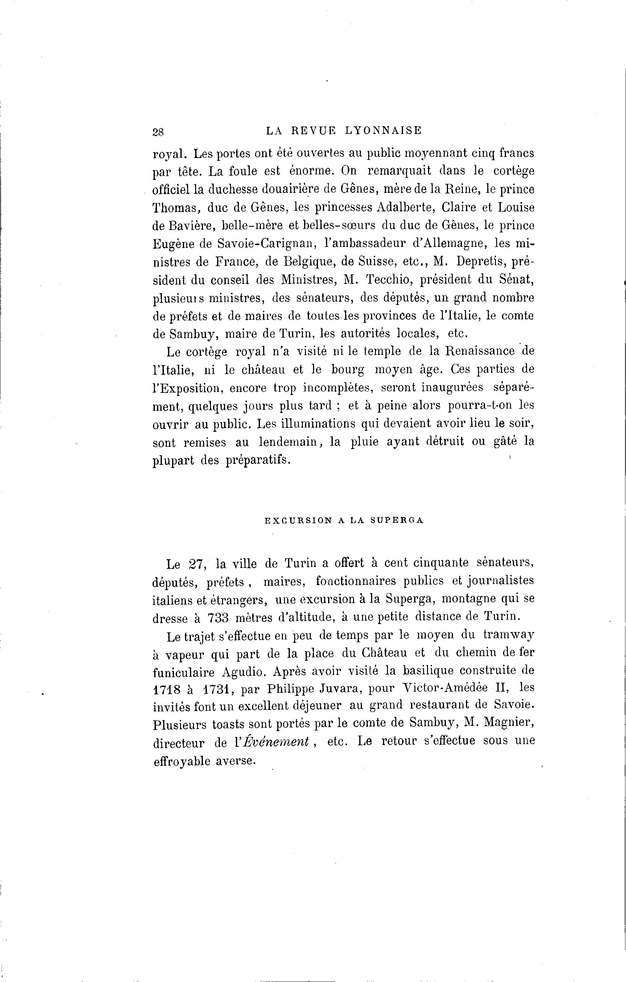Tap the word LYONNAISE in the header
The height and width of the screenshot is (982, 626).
tap(383, 131)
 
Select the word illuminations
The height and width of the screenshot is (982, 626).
tap(318, 423)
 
